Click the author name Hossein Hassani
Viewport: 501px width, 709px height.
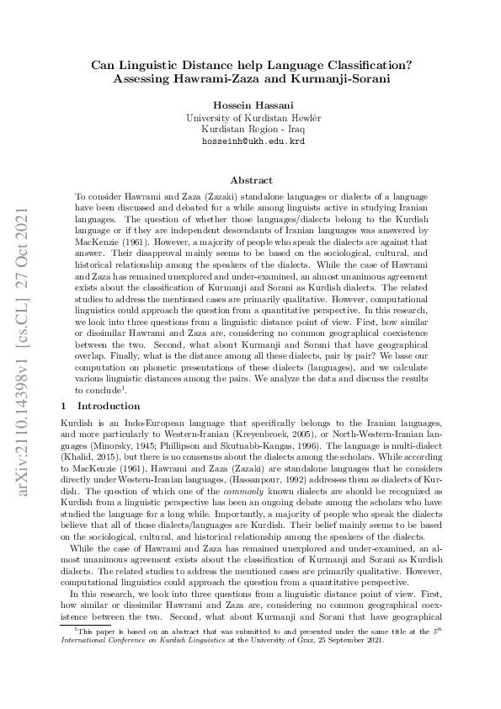pos(250,105)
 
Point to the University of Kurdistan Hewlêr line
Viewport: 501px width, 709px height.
pos(250,118)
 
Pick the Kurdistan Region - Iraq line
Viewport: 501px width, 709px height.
pos(250,130)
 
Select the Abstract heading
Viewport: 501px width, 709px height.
pos(250,180)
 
